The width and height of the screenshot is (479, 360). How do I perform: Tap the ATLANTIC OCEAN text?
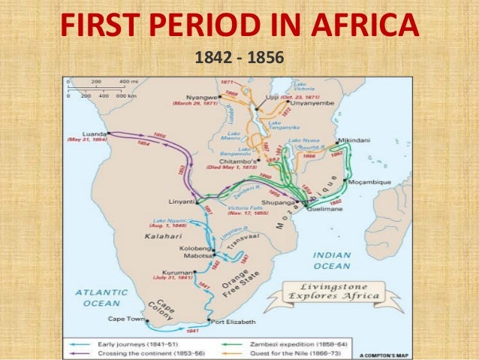click(x=91, y=298)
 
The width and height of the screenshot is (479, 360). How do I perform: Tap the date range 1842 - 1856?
click(x=239, y=56)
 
